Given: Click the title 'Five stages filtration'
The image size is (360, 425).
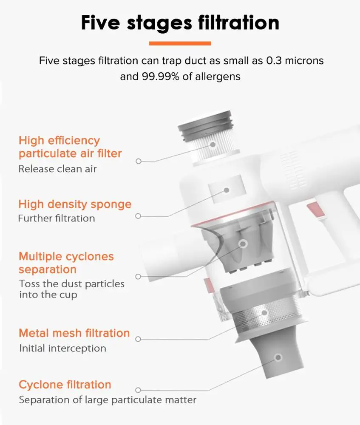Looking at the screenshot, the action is point(180,23).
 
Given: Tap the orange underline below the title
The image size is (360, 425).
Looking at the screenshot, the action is point(180,43).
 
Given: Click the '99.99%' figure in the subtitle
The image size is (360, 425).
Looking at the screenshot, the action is point(161,76).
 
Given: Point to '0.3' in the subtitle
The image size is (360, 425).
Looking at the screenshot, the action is point(274,61).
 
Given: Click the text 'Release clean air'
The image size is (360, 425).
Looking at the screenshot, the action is point(57,169).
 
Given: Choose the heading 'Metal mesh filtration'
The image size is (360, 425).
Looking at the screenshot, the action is point(74,333).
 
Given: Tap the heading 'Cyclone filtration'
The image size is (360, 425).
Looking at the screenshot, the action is point(65,385).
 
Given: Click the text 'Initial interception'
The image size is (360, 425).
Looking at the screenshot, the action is point(62,348).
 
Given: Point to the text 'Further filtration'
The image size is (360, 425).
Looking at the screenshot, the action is point(57,218).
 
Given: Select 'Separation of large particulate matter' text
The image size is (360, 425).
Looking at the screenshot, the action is point(108,400).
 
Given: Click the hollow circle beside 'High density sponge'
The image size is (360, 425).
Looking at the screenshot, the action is point(138,216).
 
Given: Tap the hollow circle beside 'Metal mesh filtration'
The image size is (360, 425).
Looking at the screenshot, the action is point(138,339).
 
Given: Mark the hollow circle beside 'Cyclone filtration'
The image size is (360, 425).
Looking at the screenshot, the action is point(138,390).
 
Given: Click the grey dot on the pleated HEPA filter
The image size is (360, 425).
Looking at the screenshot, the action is point(213,145).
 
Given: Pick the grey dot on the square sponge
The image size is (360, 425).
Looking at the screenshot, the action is point(227,190).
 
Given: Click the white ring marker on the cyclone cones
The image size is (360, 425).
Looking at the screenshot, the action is point(243,244).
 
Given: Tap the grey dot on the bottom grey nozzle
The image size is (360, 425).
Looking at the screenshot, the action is point(278,357).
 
